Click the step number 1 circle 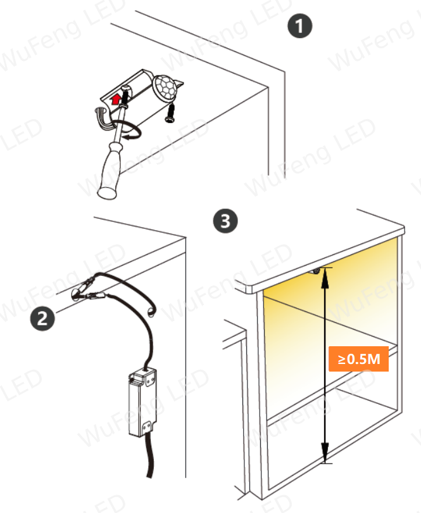pos(300,25)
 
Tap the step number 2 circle pos(42,318)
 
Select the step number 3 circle pos(225,221)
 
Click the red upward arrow pos(115,99)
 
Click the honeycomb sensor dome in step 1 pos(165,87)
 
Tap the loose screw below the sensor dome pos(170,113)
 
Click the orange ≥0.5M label pos(358,358)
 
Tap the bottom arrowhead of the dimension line pos(325,453)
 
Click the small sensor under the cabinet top pos(316,271)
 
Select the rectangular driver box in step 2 pos(142,403)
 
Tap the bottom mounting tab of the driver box pos(147,427)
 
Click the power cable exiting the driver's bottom pos(149,455)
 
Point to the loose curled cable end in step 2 pos(151,312)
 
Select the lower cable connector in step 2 pos(96,296)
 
